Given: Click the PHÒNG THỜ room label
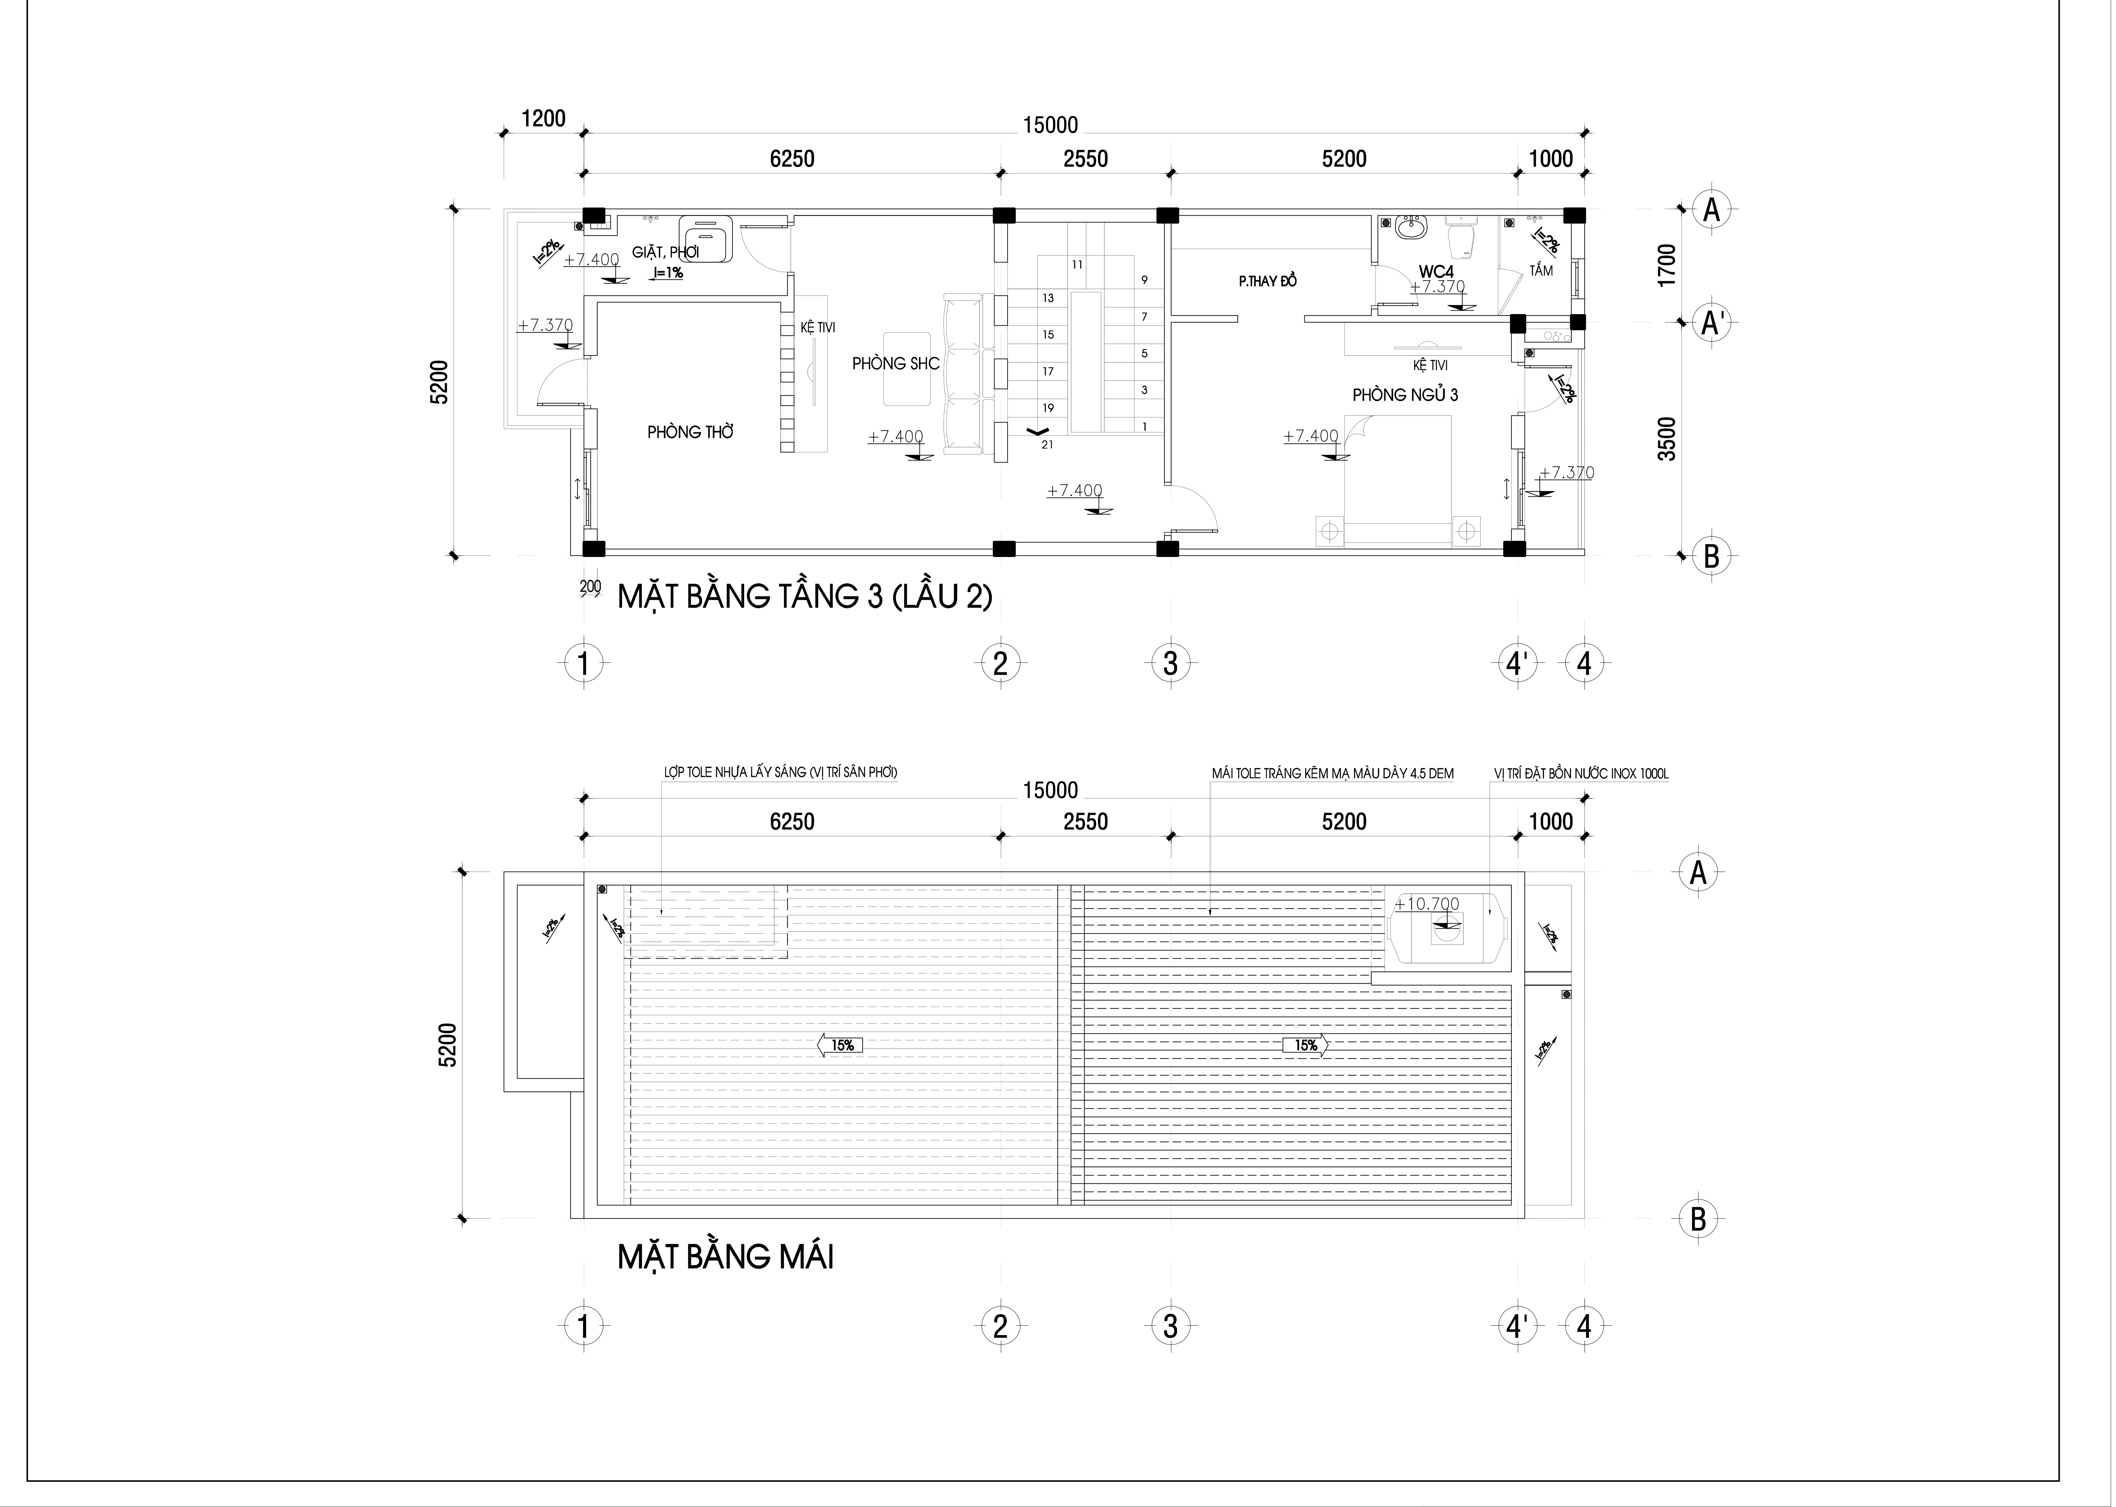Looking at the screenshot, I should [690, 432].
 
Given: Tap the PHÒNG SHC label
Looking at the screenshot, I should [896, 364].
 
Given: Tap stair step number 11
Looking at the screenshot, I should [1076, 264].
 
